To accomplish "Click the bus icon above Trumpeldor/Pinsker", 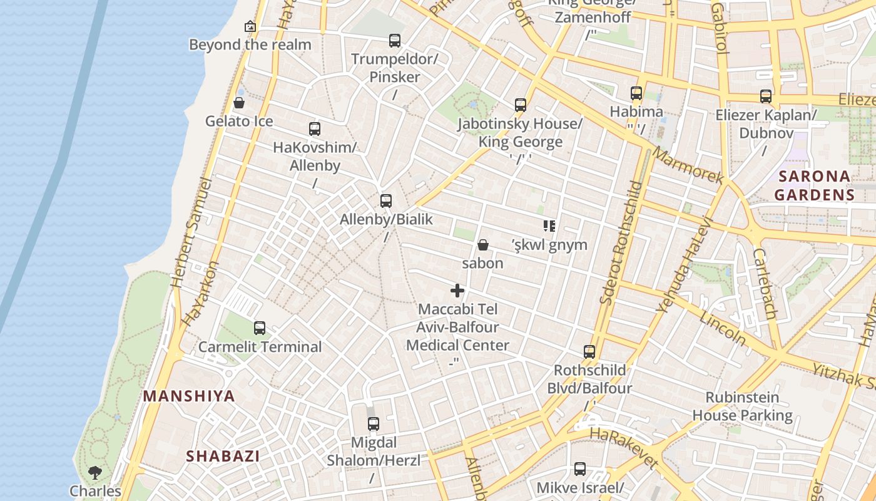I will (x=394, y=41).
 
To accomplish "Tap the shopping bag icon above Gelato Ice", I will (x=238, y=103).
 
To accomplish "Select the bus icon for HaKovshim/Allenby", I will (x=315, y=129).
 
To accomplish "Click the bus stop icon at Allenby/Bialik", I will (x=386, y=201).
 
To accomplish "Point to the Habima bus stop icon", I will (x=636, y=93).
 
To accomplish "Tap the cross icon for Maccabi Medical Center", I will (x=457, y=291).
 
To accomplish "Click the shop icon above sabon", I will (x=482, y=244).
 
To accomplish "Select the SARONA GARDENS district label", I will (x=814, y=185).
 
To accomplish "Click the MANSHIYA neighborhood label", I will (x=189, y=396).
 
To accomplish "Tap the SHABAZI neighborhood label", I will (x=223, y=456).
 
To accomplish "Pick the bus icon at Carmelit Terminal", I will (x=259, y=328).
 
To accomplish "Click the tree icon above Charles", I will (x=95, y=472).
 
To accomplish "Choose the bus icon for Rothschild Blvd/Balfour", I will (x=589, y=351).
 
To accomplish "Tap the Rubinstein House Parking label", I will (x=742, y=406).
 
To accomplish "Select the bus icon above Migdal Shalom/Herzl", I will (x=374, y=424).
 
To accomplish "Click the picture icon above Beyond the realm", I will (x=250, y=26).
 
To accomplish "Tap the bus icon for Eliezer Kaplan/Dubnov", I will (x=766, y=96).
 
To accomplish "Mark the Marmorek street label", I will (x=688, y=166).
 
